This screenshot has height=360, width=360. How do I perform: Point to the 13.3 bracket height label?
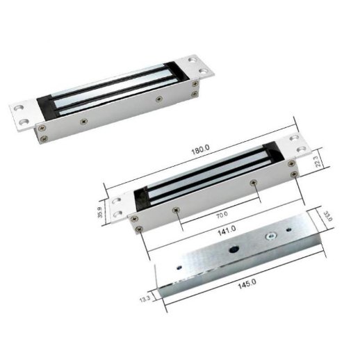(144, 298)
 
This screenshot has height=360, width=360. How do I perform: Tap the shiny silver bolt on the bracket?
(269, 237)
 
